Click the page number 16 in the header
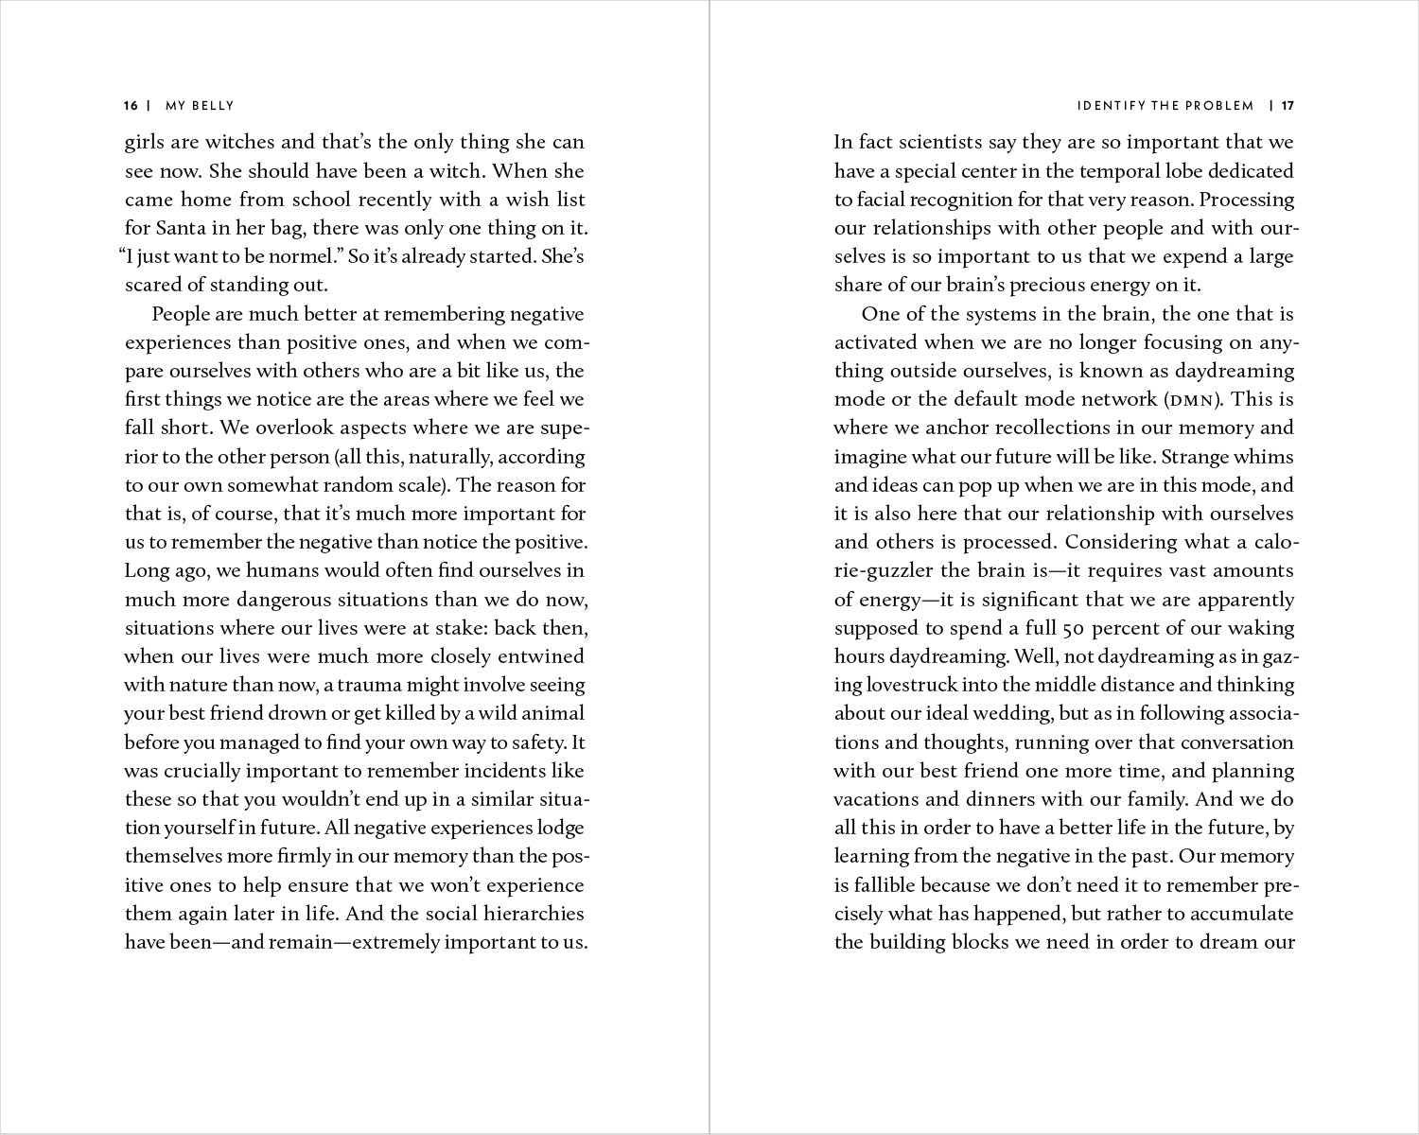[x=131, y=106]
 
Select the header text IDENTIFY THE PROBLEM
[x=1165, y=106]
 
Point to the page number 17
[x=1288, y=106]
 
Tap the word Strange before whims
[x=1196, y=457]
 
